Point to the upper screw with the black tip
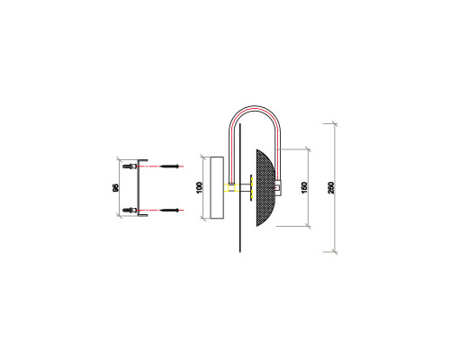pyautogui.click(x=174, y=166)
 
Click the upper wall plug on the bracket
pyautogui.click(x=132, y=166)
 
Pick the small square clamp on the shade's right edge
pyautogui.click(x=279, y=188)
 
